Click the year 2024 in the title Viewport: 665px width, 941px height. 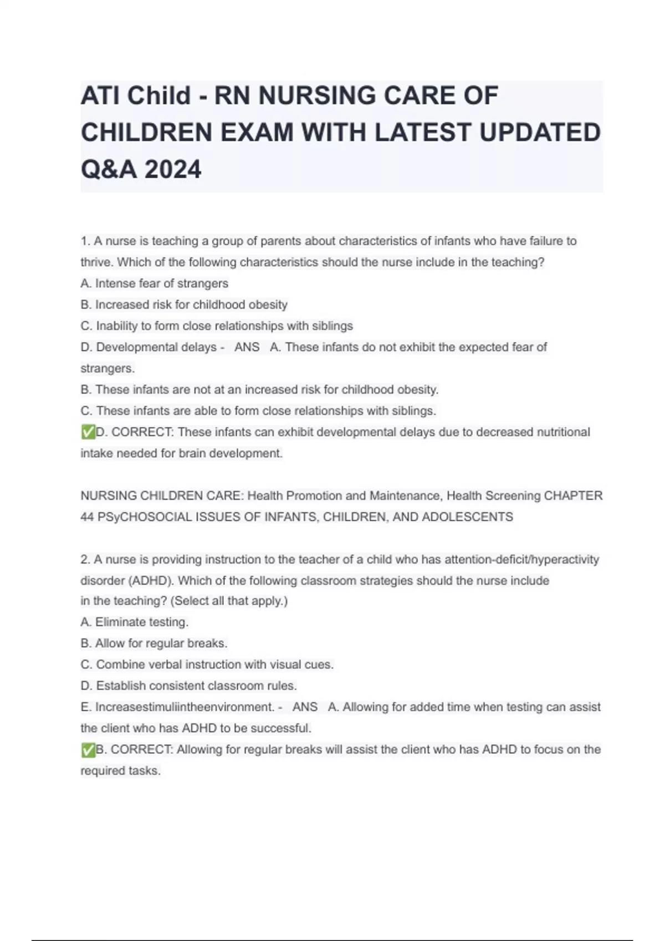[173, 169]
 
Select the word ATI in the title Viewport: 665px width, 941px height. [100, 95]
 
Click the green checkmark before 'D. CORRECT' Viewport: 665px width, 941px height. [88, 432]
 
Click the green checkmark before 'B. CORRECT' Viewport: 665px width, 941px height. [88, 750]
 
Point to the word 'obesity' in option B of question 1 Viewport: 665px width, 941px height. [268, 304]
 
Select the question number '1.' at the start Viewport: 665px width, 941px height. [85, 241]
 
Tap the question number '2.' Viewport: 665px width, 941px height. [85, 559]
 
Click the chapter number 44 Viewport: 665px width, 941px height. [87, 516]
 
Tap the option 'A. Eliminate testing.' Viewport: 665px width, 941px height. [134, 622]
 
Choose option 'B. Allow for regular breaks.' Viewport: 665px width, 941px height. [154, 643]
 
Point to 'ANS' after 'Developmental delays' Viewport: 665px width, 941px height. [247, 347]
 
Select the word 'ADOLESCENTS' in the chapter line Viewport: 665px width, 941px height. [467, 516]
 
